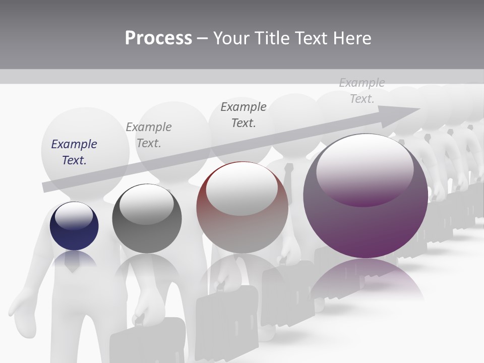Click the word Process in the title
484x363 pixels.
[158, 38]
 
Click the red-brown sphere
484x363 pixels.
[242, 208]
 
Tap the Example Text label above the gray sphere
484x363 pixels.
[149, 135]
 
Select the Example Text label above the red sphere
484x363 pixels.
[244, 114]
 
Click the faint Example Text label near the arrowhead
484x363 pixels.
[362, 91]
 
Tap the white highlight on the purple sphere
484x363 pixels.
[365, 169]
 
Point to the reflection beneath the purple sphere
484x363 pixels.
[366, 277]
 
